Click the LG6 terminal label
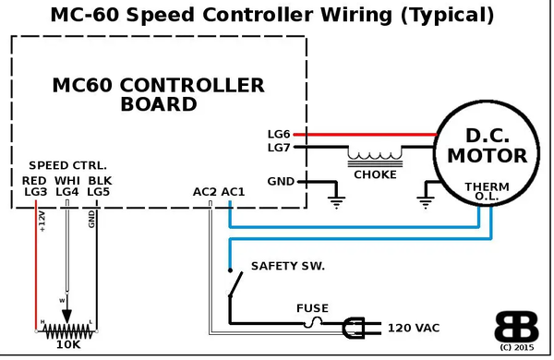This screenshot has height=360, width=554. [279, 134]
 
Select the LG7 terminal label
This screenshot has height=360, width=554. [279, 148]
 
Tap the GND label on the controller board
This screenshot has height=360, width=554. [282, 181]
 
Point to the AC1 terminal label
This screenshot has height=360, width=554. [233, 192]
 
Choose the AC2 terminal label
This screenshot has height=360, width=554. [205, 192]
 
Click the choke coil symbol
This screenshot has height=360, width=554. [375, 155]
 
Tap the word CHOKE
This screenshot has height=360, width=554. [375, 174]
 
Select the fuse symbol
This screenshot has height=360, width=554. [315, 323]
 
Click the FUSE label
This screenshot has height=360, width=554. [312, 308]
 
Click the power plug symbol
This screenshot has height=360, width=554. [356, 326]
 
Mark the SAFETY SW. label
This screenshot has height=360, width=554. [288, 266]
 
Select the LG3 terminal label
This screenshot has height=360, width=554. [35, 192]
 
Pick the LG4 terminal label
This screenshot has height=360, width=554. [66, 192]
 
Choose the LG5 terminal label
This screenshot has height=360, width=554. [98, 192]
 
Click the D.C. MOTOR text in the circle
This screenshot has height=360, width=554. [487, 145]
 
